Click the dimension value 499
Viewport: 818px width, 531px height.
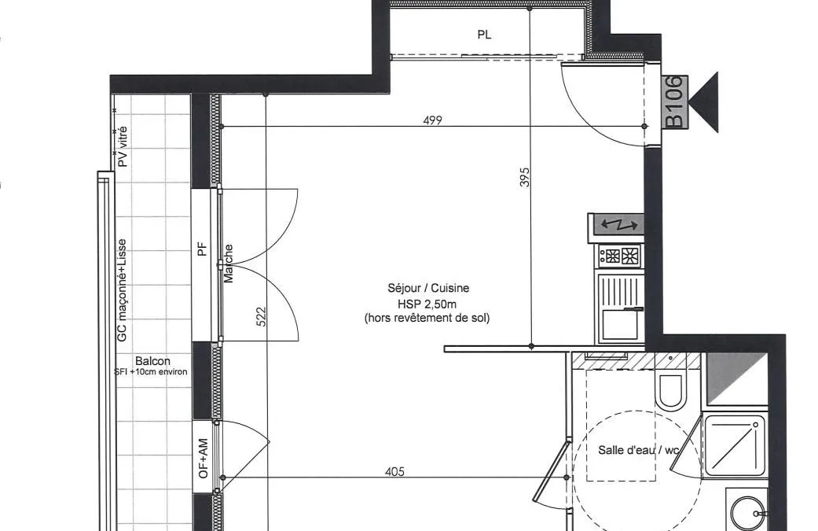coord(432,120)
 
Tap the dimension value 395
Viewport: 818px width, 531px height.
coord(525,177)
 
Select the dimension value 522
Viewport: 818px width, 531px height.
coord(262,316)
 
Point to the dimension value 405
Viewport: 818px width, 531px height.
coord(394,471)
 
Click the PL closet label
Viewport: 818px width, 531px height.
coord(484,35)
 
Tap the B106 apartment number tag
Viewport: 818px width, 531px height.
coord(675,101)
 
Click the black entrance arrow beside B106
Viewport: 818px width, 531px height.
coord(704,102)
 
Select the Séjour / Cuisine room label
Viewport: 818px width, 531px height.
coord(428,288)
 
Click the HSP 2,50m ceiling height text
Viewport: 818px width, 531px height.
coord(427,304)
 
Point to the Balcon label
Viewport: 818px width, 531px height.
coord(152,361)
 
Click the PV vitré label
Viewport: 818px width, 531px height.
coord(123,146)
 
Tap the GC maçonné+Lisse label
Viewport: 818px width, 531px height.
coord(122,290)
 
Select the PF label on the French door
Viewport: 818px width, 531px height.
coord(203,249)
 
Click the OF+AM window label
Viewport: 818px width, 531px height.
coord(203,459)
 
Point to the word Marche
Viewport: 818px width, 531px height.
coord(229,264)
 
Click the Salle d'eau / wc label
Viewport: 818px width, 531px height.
coord(639,450)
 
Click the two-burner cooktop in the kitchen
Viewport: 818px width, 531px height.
coord(620,256)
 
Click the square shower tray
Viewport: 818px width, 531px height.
coord(734,445)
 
